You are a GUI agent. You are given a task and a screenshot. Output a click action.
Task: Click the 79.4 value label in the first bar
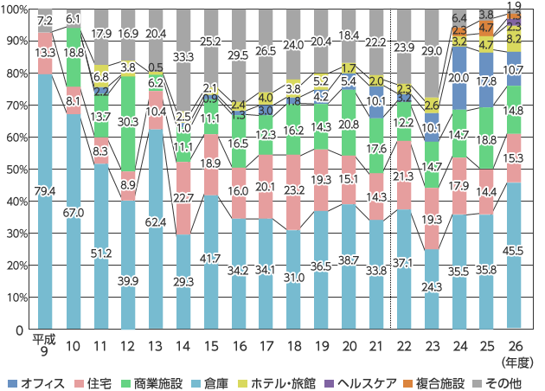click(x=46, y=190)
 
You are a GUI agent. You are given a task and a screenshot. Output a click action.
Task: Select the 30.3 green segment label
click(x=128, y=122)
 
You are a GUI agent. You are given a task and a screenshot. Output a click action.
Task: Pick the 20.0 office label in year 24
click(x=459, y=78)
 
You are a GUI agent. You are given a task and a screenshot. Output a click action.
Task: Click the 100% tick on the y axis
click(x=16, y=9)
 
